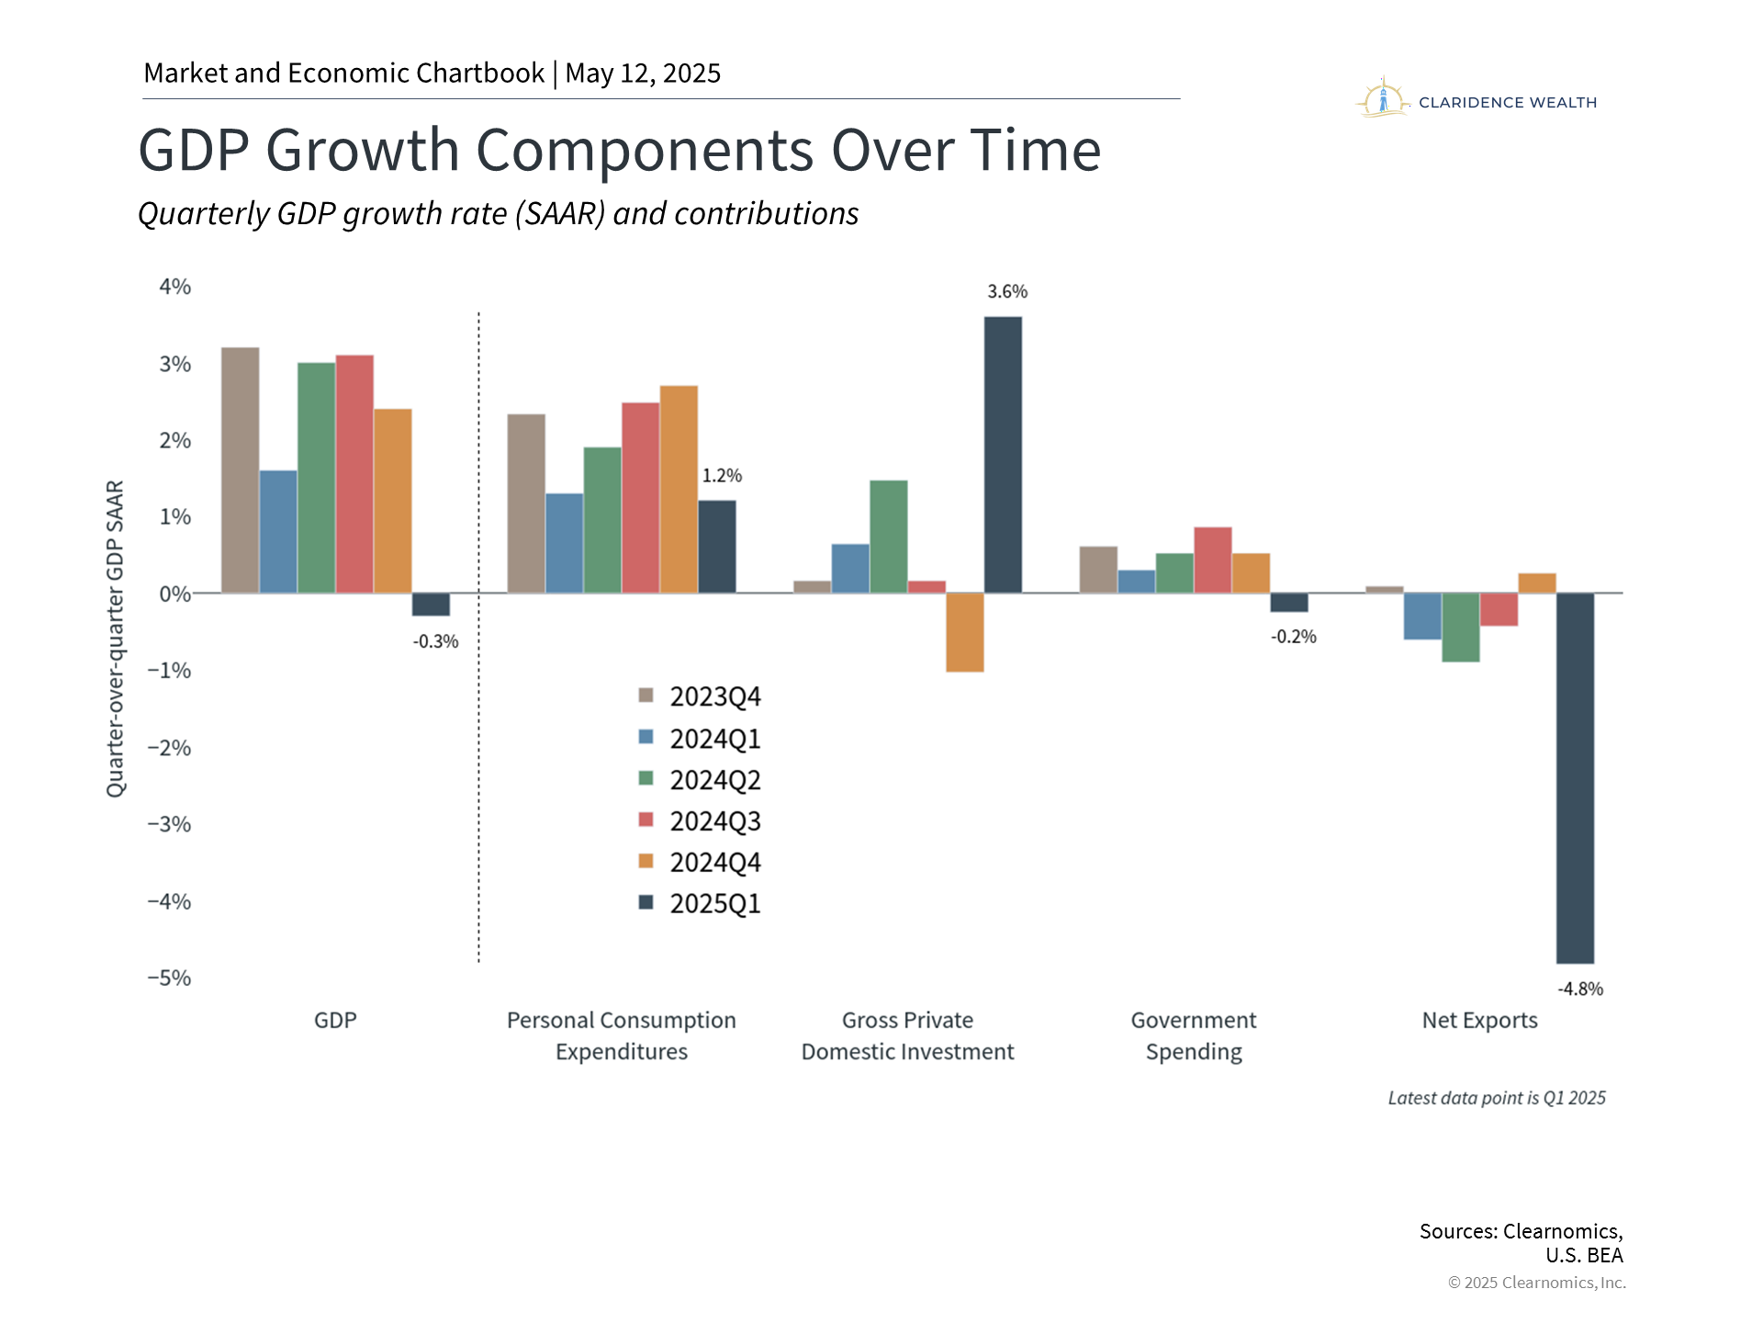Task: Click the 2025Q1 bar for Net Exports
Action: [1575, 777]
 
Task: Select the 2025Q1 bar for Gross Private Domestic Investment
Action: [1003, 455]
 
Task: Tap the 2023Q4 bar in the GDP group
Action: [241, 470]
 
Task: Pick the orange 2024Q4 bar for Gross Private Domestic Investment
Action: [965, 632]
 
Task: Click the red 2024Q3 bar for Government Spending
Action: [1213, 560]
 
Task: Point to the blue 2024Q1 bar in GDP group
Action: [278, 531]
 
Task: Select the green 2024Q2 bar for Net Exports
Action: [1461, 627]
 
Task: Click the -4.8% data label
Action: [1580, 989]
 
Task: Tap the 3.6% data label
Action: [1007, 291]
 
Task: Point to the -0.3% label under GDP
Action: [435, 641]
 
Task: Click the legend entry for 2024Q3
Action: [700, 820]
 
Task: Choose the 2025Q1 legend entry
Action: [700, 903]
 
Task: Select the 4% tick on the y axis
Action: [175, 287]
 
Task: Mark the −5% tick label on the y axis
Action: [170, 978]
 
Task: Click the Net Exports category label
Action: [1479, 1020]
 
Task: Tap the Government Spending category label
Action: [1194, 1035]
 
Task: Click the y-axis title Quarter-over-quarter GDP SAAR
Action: [116, 639]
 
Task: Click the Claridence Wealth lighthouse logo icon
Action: [1383, 98]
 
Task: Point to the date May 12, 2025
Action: [643, 73]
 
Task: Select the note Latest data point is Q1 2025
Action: [1497, 1098]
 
